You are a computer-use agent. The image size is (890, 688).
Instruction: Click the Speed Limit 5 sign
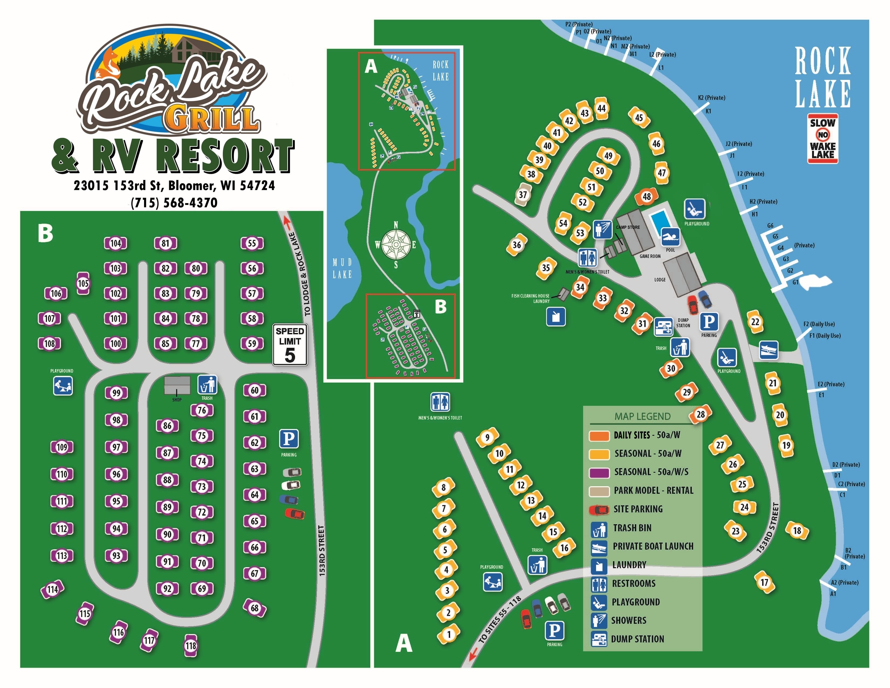click(x=290, y=345)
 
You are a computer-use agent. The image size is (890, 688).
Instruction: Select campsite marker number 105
click(x=83, y=283)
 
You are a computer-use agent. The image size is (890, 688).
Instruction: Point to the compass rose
click(x=396, y=244)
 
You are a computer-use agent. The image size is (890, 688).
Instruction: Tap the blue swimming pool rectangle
click(x=659, y=221)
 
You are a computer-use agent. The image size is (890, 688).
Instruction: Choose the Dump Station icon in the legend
click(x=599, y=639)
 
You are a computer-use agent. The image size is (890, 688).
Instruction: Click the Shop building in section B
click(x=177, y=385)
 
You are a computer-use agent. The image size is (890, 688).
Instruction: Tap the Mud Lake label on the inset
click(x=342, y=268)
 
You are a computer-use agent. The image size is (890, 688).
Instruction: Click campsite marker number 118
click(x=191, y=646)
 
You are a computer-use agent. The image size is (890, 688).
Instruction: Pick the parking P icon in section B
click(x=289, y=439)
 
